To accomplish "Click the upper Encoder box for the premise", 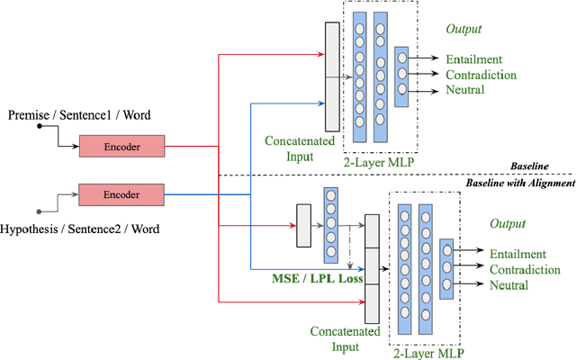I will click(x=121, y=146).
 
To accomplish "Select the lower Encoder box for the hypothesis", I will click(x=121, y=193).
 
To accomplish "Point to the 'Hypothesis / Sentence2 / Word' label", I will click(x=81, y=229).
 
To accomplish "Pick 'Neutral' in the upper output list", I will click(x=465, y=90).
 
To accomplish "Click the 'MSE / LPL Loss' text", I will click(x=318, y=280).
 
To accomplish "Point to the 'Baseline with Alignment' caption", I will click(x=518, y=184).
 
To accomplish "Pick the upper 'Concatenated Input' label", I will click(x=300, y=149).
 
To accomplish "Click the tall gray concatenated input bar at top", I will click(x=332, y=76).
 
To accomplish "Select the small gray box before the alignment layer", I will click(x=303, y=224).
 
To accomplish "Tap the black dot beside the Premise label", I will click(x=40, y=127).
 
